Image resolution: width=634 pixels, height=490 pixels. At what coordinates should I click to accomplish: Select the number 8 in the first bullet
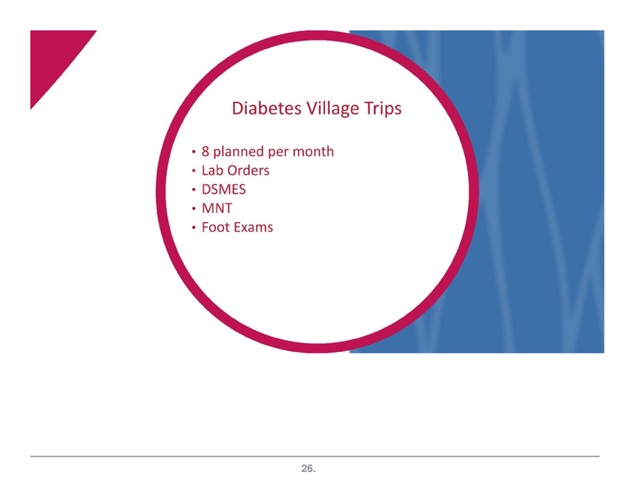pyautogui.click(x=207, y=151)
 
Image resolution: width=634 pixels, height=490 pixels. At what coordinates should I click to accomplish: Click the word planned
pyautogui.click(x=241, y=152)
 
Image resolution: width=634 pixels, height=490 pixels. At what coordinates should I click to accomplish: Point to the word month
pyautogui.click(x=315, y=151)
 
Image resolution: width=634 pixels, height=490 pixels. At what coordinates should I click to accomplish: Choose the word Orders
pyautogui.click(x=250, y=170)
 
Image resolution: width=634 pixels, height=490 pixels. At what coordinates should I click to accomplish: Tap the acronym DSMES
pyautogui.click(x=224, y=189)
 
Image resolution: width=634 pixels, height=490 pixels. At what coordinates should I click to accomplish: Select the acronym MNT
pyautogui.click(x=217, y=207)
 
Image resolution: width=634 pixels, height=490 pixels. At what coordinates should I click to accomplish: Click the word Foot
pyautogui.click(x=216, y=226)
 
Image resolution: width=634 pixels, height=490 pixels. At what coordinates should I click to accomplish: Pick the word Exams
pyautogui.click(x=253, y=226)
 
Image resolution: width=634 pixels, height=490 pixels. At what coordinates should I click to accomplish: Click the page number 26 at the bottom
pyautogui.click(x=307, y=469)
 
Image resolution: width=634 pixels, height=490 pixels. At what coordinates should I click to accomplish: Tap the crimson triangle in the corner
pyautogui.click(x=54, y=57)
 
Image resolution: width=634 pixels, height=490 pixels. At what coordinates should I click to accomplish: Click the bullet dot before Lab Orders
pyautogui.click(x=194, y=171)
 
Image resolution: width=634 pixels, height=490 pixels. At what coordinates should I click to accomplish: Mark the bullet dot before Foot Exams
pyautogui.click(x=194, y=228)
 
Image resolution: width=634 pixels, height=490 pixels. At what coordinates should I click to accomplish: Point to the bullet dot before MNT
pyautogui.click(x=194, y=209)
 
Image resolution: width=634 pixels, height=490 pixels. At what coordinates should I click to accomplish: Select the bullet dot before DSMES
pyautogui.click(x=194, y=190)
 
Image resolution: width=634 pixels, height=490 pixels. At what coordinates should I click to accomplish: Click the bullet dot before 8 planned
pyautogui.click(x=194, y=153)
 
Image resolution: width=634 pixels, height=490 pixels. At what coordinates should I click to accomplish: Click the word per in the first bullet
pyautogui.click(x=279, y=153)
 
